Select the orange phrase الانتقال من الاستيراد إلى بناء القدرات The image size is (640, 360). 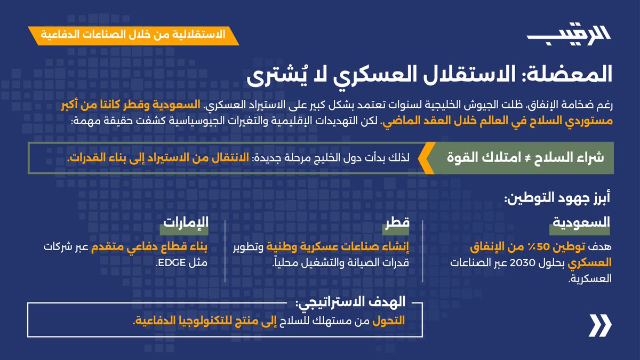pos(160,158)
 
